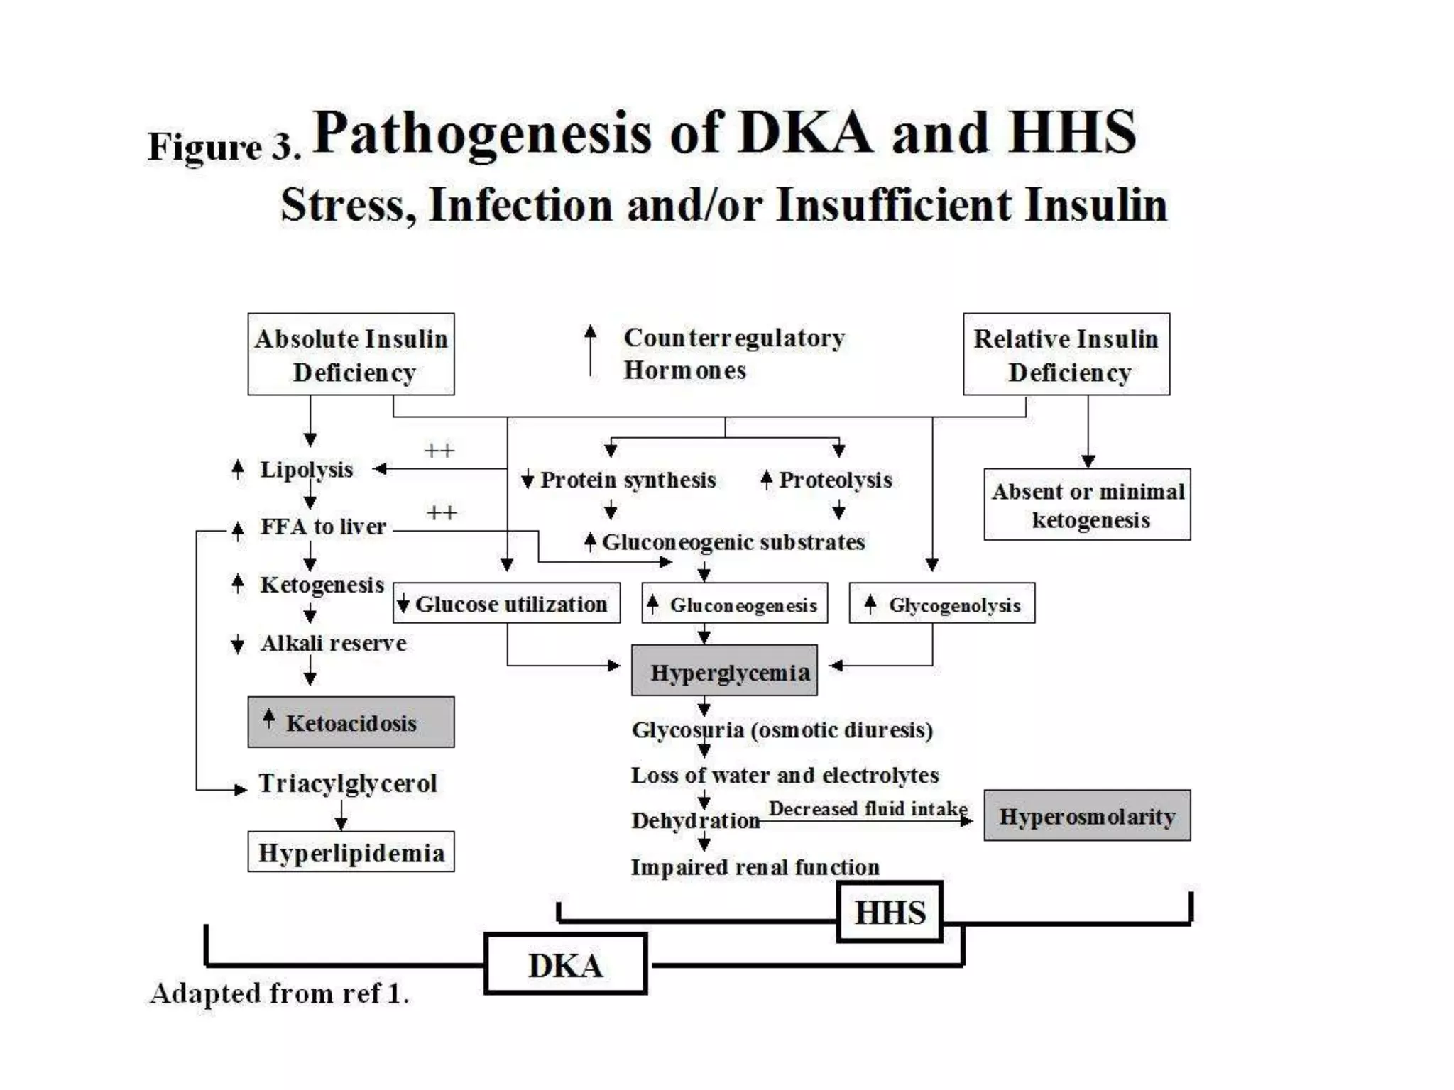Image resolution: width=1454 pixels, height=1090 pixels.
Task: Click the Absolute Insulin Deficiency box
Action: click(351, 354)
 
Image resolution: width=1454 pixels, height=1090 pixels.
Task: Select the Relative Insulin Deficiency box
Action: click(1066, 354)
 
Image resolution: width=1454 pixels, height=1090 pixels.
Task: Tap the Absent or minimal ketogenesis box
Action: click(1087, 505)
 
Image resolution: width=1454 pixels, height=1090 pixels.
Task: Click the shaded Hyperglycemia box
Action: click(724, 671)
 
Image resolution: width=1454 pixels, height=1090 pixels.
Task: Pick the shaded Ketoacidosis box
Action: click(351, 722)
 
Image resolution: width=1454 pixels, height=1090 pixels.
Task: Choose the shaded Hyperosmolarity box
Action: click(1087, 815)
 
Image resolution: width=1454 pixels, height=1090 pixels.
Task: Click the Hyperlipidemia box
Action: click(351, 852)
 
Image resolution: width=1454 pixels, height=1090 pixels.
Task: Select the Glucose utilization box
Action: click(506, 603)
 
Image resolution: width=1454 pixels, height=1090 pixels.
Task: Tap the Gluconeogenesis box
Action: click(734, 603)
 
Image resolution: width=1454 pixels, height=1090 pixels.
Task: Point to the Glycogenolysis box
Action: click(941, 603)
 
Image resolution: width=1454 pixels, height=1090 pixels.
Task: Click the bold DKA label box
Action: click(565, 964)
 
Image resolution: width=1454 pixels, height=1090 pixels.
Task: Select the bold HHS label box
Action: click(890, 912)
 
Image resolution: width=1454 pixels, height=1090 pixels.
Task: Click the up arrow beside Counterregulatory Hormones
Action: click(590, 351)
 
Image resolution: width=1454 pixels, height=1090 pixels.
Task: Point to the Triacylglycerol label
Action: click(347, 783)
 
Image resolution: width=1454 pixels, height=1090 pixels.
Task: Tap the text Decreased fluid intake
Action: click(868, 809)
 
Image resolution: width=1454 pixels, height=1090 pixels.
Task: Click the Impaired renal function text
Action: click(755, 867)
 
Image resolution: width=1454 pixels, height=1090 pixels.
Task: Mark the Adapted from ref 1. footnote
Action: click(280, 993)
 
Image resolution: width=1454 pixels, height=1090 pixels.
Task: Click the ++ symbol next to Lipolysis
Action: click(439, 451)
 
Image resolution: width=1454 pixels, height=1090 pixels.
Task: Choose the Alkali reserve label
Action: click(333, 643)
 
